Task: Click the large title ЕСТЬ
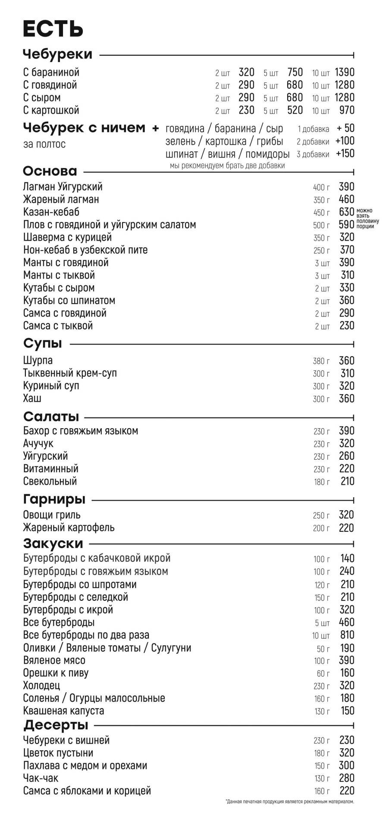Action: pyautogui.click(x=53, y=29)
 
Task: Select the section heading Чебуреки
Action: pyautogui.click(x=57, y=54)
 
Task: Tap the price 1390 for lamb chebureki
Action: pyautogui.click(x=345, y=72)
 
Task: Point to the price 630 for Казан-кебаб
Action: pyautogui.click(x=346, y=212)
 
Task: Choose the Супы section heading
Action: pyautogui.click(x=43, y=344)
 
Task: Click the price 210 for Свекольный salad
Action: pyautogui.click(x=347, y=481)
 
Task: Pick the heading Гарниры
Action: pyautogui.click(x=54, y=499)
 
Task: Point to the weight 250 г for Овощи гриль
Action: pyautogui.click(x=321, y=516)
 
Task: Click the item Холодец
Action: pyautogui.click(x=41, y=686)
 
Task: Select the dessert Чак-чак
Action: pyautogui.click(x=41, y=778)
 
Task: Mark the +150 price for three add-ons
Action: pyautogui.click(x=345, y=154)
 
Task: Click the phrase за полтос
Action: pyautogui.click(x=44, y=144)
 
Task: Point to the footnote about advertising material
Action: pyautogui.click(x=289, y=802)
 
